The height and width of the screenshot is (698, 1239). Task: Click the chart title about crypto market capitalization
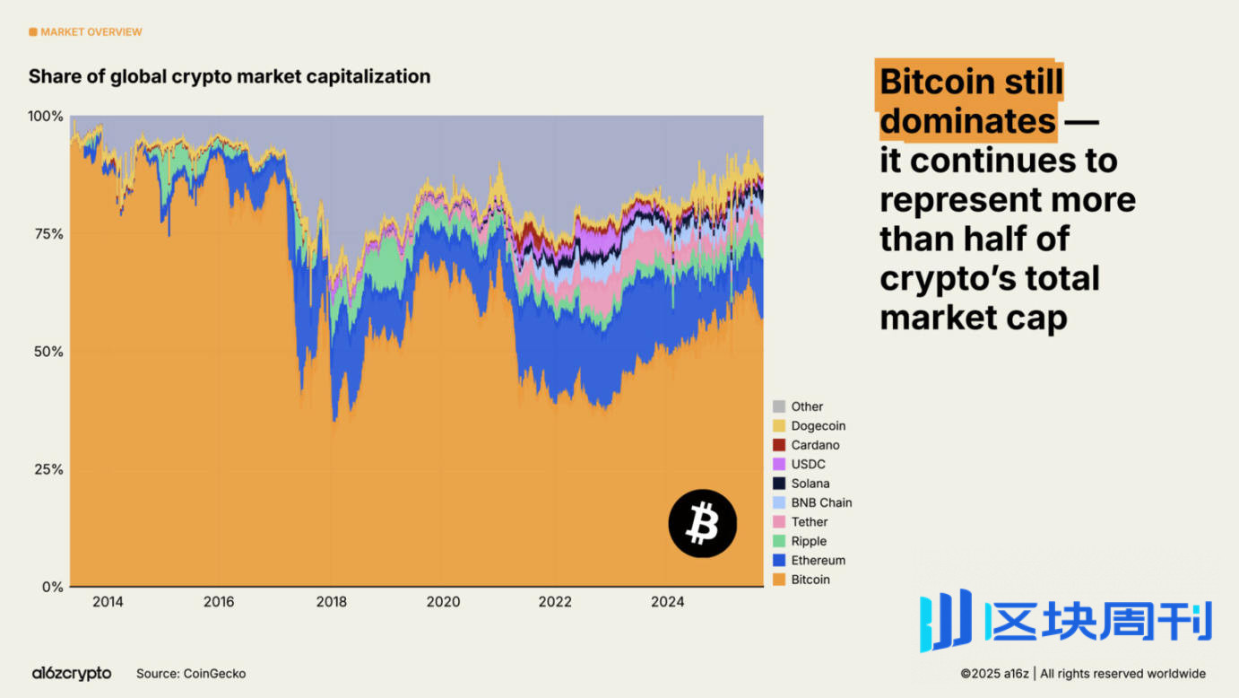[230, 76]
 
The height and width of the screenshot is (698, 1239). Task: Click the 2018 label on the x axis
[331, 601]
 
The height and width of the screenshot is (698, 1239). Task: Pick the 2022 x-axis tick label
[555, 601]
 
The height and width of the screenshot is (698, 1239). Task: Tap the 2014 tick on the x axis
[108, 601]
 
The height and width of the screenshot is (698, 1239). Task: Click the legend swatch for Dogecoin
[779, 426]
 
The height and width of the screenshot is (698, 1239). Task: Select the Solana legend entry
[810, 484]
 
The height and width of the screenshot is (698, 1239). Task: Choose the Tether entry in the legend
[809, 522]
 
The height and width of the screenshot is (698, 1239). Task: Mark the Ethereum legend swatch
[779, 561]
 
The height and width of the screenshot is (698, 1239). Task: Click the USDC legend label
[808, 465]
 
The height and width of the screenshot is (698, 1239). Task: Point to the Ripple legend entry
[808, 541]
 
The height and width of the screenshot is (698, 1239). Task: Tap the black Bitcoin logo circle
[703, 523]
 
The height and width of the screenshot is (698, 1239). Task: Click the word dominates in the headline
[967, 120]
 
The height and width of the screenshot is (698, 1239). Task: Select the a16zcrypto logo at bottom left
[72, 673]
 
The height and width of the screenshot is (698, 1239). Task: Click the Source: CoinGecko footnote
[191, 673]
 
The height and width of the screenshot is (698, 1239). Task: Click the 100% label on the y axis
[46, 117]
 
